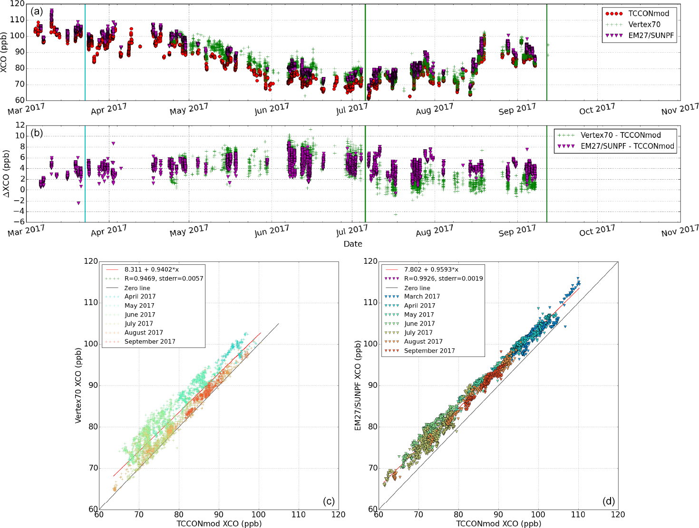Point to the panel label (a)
click(x=37, y=11)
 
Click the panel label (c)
click(x=329, y=501)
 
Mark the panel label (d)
click(x=608, y=501)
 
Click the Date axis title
click(x=353, y=244)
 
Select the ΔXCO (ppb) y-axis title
click(x=6, y=174)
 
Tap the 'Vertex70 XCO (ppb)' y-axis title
click(x=78, y=385)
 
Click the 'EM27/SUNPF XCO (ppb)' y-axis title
click(x=358, y=385)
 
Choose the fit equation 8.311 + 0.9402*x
click(x=152, y=269)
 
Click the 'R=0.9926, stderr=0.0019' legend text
click(x=443, y=278)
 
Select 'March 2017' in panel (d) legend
click(x=422, y=297)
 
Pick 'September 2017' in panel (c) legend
click(x=150, y=342)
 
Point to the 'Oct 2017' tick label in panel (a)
click(x=597, y=110)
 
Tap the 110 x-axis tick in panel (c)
click(x=299, y=515)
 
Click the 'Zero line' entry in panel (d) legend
click(x=417, y=288)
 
